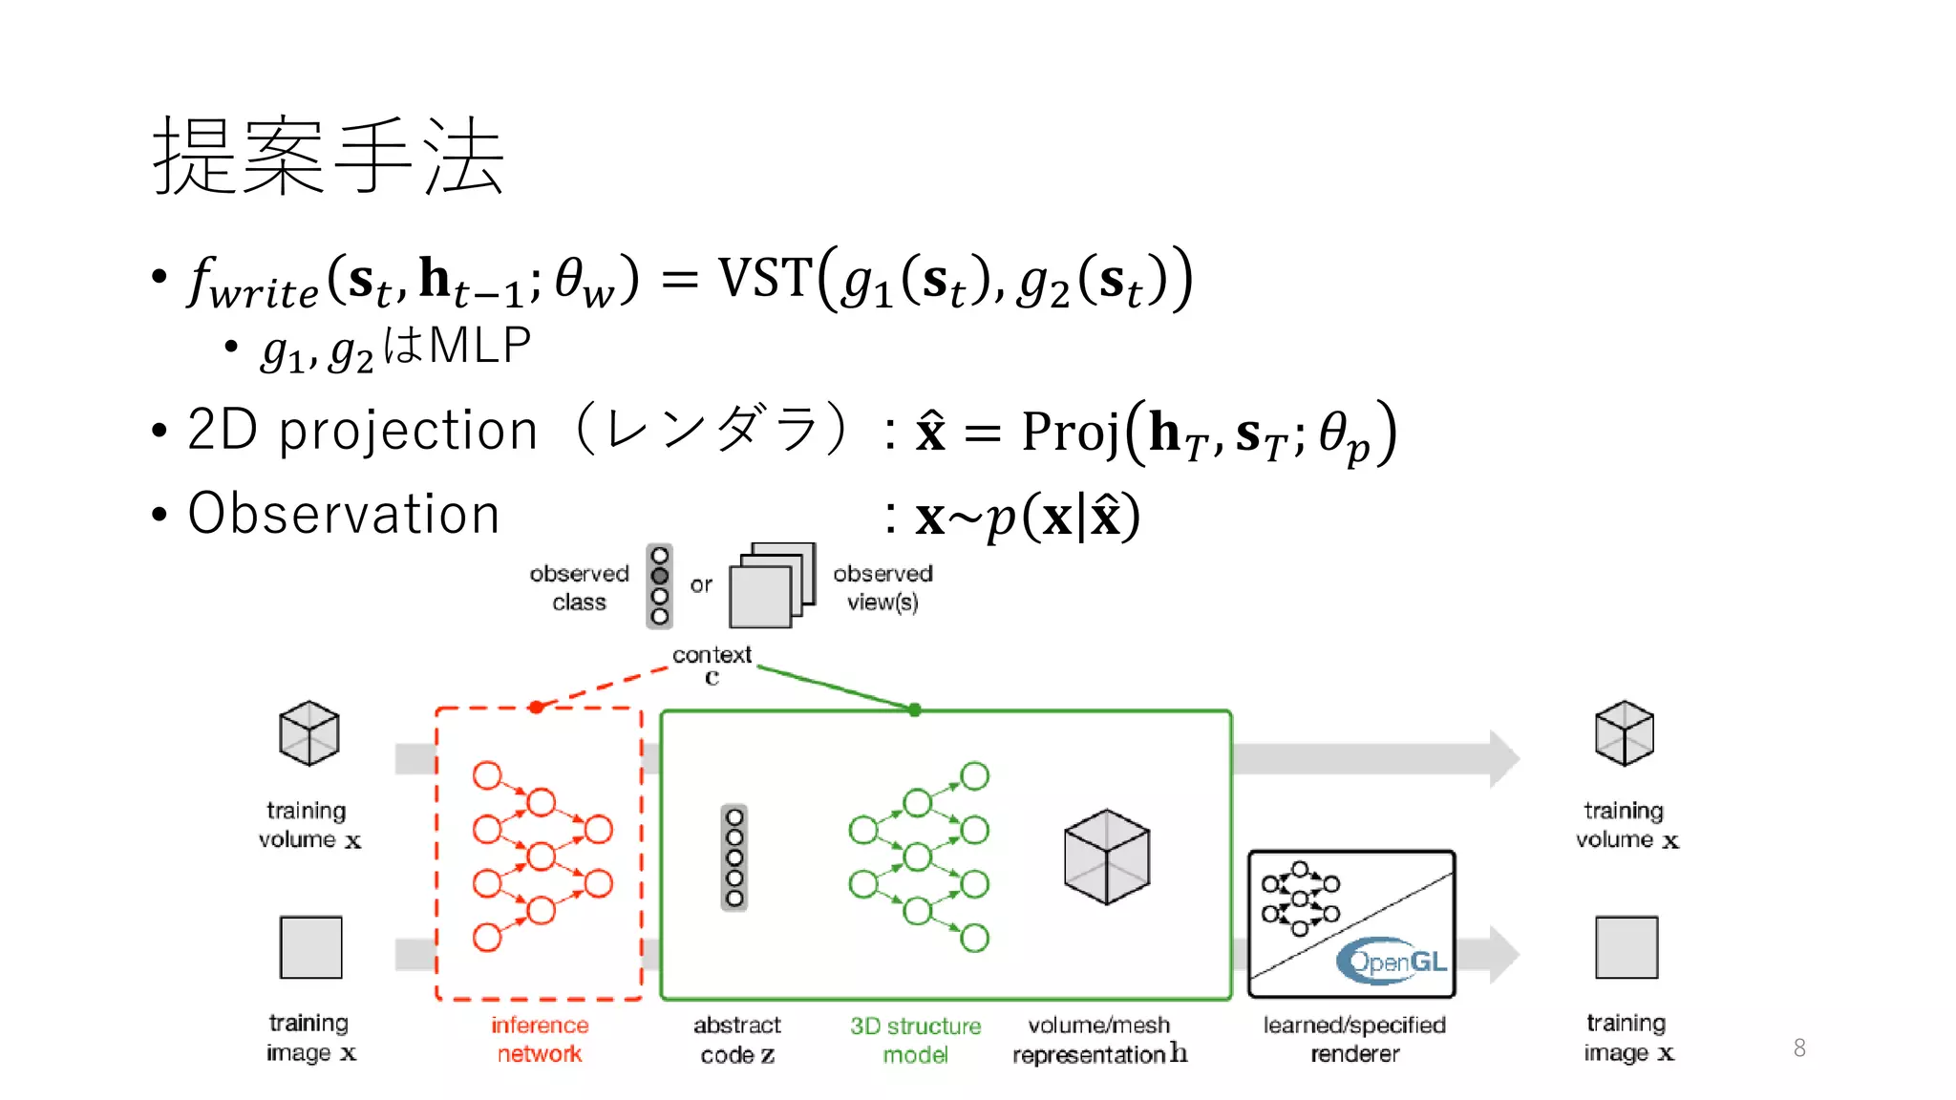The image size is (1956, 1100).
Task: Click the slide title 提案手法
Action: [328, 157]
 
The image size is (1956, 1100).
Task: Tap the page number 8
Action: [1799, 1048]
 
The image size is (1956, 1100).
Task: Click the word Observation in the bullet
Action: [344, 514]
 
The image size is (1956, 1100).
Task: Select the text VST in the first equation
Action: [765, 279]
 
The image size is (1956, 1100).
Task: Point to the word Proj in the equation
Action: [1070, 432]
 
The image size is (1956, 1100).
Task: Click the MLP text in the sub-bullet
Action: [479, 346]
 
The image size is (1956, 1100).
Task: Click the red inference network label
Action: [540, 1039]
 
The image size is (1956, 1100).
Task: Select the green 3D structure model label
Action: [915, 1040]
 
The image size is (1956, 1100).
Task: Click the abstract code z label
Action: [736, 1040]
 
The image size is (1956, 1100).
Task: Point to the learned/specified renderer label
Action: [1354, 1039]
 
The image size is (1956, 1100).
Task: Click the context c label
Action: [712, 665]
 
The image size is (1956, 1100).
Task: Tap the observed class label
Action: [579, 587]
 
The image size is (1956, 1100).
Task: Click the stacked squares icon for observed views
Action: [772, 585]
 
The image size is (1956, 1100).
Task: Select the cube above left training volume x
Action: [308, 733]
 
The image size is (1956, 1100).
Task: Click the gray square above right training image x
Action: [1626, 947]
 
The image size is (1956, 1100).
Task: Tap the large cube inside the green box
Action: [1106, 857]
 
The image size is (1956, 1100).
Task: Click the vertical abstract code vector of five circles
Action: [733, 857]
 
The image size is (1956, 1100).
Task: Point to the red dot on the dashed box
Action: [537, 708]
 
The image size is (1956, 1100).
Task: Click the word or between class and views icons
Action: [701, 584]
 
